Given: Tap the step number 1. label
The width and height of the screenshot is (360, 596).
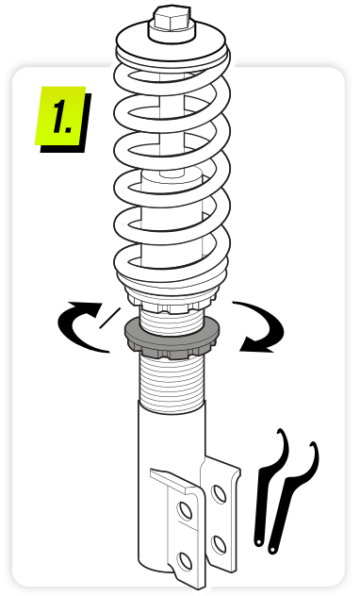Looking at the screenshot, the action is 63,118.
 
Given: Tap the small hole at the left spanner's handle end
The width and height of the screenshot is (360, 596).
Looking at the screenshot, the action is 258,542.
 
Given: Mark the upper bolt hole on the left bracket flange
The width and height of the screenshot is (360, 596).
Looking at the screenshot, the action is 186,511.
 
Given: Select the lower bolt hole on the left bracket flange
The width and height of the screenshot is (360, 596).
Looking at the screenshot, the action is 186,562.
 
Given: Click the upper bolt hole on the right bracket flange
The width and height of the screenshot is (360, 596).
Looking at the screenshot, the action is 220,494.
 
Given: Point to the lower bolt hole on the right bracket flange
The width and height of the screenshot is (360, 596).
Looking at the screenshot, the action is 220,544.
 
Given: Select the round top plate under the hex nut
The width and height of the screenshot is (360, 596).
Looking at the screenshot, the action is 172,43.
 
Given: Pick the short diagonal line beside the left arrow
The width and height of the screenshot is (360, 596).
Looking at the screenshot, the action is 109,318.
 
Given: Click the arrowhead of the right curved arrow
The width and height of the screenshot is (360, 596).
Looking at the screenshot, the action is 256,343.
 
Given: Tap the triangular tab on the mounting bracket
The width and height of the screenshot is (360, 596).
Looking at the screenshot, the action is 174,480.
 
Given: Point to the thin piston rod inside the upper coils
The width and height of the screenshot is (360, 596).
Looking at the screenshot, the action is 172,125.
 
